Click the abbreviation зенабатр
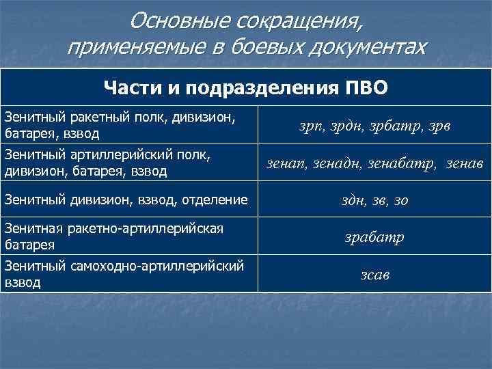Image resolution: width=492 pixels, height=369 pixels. point(396,163)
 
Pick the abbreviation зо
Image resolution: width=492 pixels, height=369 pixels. point(402,201)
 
